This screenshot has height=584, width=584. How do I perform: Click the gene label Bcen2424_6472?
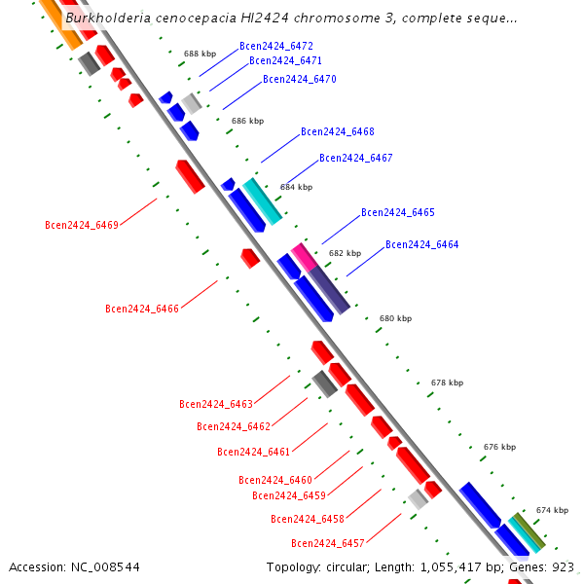[x=276, y=46]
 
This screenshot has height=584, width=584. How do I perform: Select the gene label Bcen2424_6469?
[x=82, y=225]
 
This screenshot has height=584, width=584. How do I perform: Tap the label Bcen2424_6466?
[x=142, y=309]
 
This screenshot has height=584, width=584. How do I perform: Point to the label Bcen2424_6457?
[x=328, y=543]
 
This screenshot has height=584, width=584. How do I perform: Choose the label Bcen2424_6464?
[x=422, y=244]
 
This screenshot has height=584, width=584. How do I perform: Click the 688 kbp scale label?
[x=200, y=54]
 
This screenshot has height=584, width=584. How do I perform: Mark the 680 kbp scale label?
[x=395, y=318]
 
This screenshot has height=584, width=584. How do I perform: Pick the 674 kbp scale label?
[x=552, y=510]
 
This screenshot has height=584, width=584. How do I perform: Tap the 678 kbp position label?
[x=448, y=383]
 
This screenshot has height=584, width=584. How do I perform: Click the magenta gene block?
[x=305, y=257]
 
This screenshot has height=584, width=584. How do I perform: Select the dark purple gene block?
[x=329, y=290]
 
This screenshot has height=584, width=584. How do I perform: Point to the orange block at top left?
[x=61, y=24]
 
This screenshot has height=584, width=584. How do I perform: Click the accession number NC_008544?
[x=105, y=567]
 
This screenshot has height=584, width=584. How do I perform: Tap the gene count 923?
[x=563, y=567]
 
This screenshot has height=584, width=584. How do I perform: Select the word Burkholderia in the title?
[x=108, y=18]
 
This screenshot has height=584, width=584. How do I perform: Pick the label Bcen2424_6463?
[x=216, y=404]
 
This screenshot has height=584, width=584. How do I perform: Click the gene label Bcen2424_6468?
[x=338, y=131]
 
